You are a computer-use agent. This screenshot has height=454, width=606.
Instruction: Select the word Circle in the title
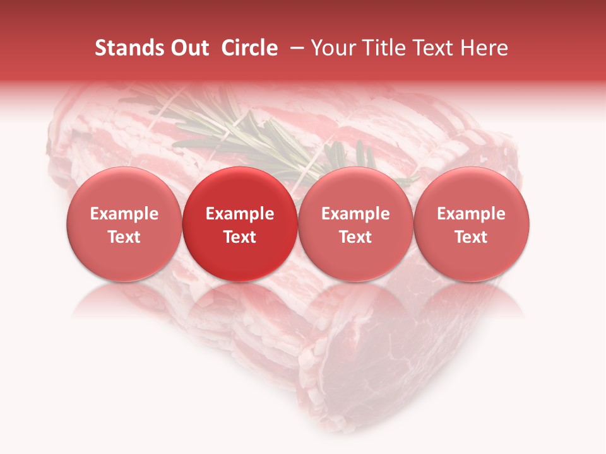(249, 48)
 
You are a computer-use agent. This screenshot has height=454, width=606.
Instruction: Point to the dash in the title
(299, 48)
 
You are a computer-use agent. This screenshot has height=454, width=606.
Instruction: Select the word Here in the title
(484, 48)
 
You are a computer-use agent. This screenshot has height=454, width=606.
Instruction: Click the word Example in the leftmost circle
(124, 214)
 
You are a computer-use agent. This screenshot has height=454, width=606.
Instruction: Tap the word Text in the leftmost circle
(124, 237)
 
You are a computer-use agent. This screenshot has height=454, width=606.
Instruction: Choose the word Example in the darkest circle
(240, 214)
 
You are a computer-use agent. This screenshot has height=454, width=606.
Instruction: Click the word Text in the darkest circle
(240, 237)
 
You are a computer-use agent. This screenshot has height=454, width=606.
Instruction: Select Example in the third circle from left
(355, 214)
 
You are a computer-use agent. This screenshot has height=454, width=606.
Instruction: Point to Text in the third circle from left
(355, 237)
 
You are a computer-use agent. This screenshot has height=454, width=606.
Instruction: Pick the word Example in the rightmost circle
(472, 214)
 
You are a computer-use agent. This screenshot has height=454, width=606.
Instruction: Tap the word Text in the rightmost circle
(472, 237)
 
